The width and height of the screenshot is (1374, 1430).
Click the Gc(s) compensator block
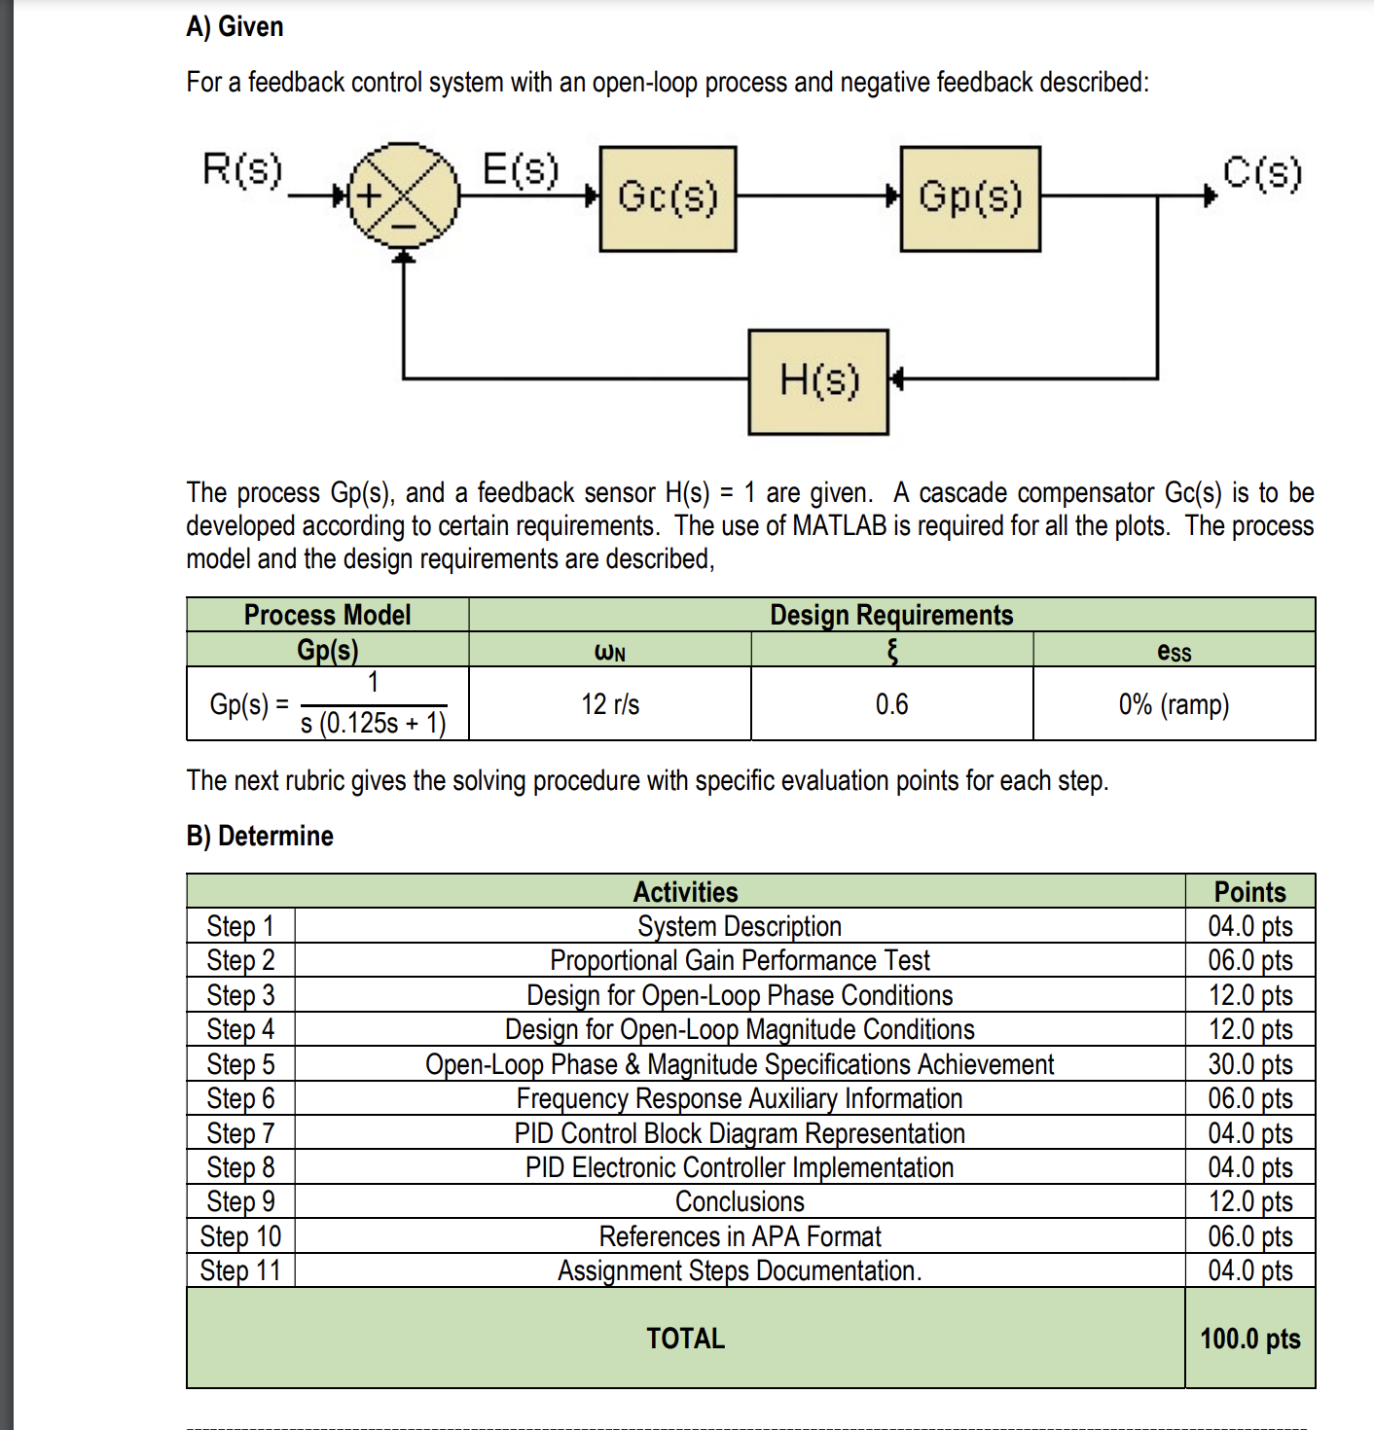(x=668, y=198)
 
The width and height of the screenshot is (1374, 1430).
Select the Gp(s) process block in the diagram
(x=970, y=198)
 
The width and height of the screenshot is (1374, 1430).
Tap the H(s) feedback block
(x=818, y=381)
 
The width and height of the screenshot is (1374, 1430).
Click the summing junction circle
(x=403, y=196)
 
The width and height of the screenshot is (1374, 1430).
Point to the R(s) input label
(x=242, y=169)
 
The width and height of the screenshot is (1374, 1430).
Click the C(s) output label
(x=1262, y=173)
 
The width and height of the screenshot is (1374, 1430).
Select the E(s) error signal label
(x=522, y=169)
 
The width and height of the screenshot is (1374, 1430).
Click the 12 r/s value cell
(x=610, y=704)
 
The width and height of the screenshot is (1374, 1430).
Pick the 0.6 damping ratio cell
(x=891, y=704)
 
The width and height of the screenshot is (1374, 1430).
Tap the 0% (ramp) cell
(x=1174, y=704)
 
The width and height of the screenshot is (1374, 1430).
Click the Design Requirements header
(x=891, y=615)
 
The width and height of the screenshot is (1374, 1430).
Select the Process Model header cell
(x=327, y=615)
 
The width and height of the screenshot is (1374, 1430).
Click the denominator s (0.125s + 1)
(x=374, y=723)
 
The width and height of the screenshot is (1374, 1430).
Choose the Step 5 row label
(x=240, y=1064)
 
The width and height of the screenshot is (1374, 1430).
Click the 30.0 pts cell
(x=1250, y=1064)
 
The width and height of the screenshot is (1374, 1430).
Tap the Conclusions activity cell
(x=740, y=1201)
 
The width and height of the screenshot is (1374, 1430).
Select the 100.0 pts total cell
(x=1250, y=1339)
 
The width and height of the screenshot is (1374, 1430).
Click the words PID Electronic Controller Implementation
(x=740, y=1167)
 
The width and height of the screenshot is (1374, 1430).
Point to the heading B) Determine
(x=260, y=836)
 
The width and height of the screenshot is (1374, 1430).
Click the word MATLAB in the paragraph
(x=840, y=526)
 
